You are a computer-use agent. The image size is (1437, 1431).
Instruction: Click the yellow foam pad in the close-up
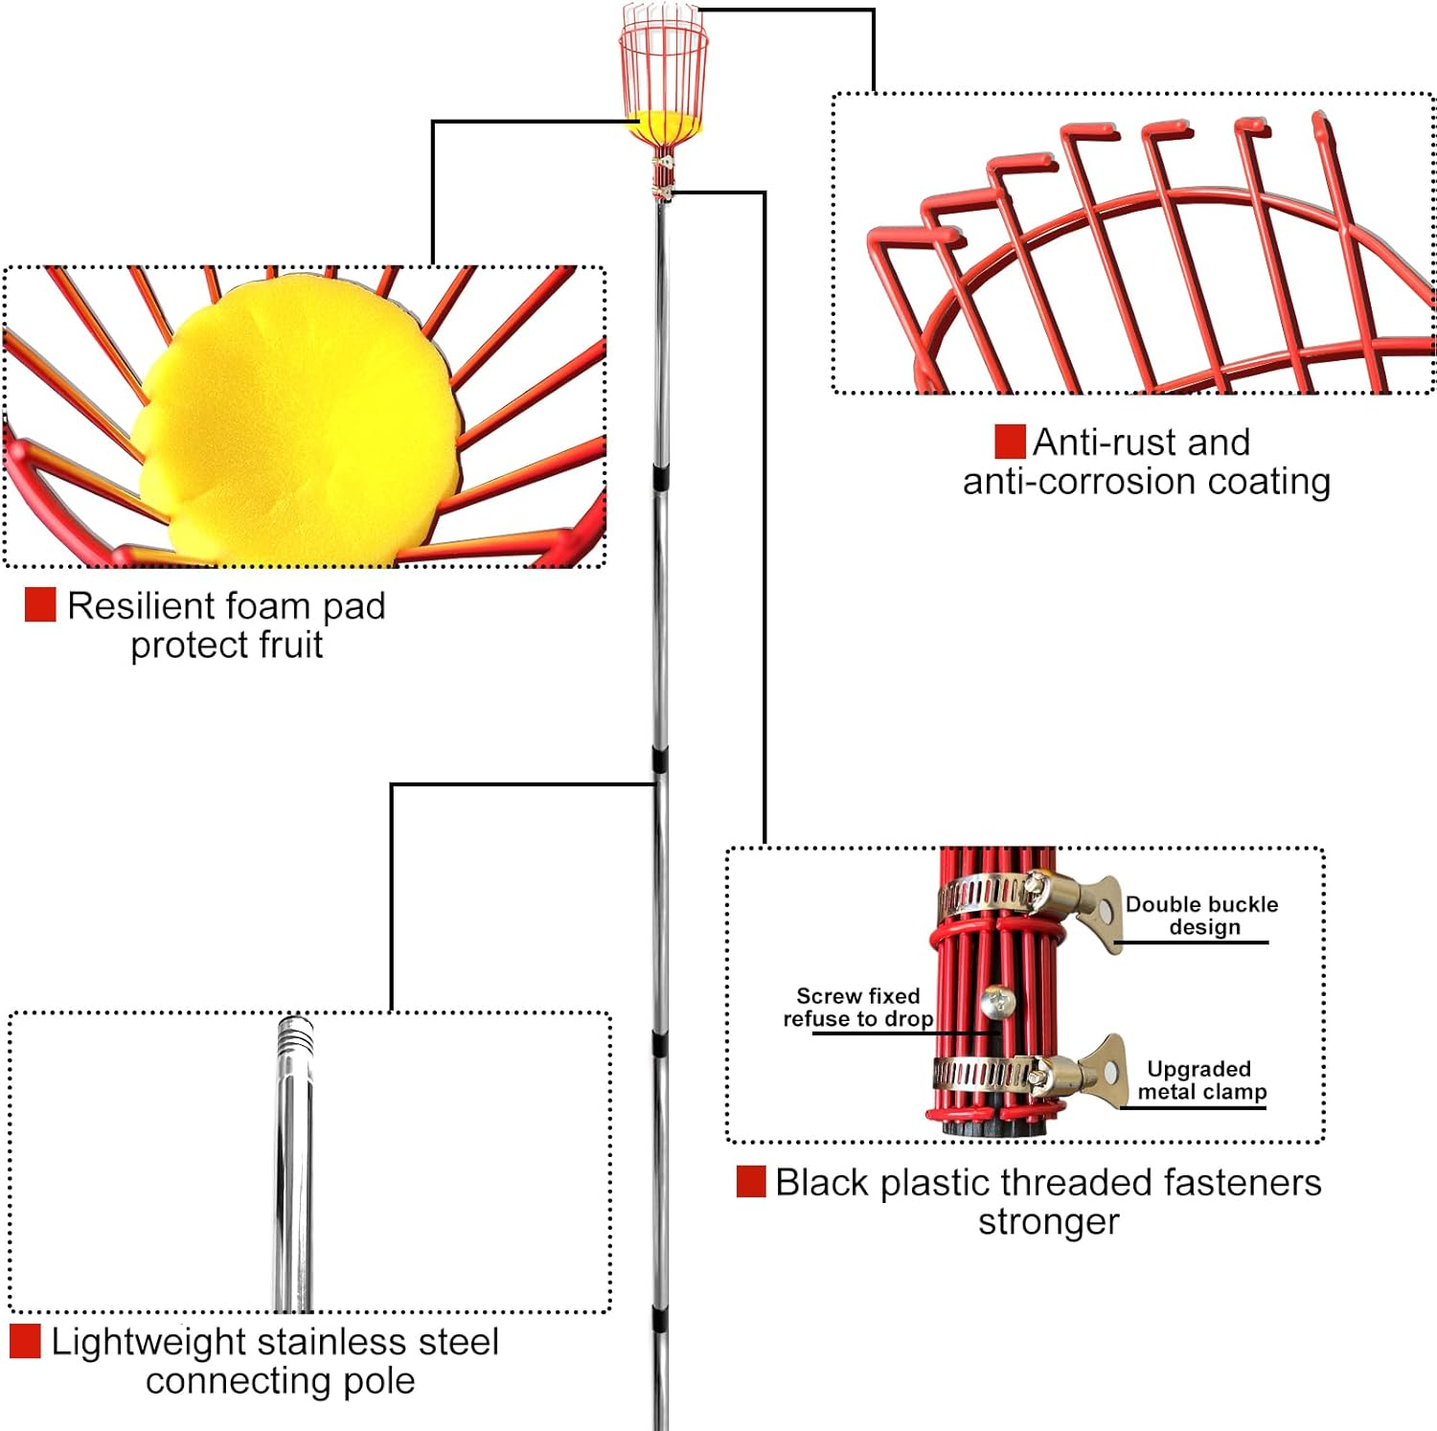pyautogui.click(x=297, y=421)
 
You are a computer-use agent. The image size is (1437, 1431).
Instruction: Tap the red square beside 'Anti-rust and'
pyautogui.click(x=1010, y=443)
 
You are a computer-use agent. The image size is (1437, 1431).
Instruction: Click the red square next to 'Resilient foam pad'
pyautogui.click(x=40, y=605)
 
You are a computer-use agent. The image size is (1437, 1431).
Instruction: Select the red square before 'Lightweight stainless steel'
pyautogui.click(x=25, y=1341)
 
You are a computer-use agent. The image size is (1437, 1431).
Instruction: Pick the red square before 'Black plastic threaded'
pyautogui.click(x=751, y=1182)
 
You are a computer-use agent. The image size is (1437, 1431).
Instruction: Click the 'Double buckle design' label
pyautogui.click(x=1201, y=916)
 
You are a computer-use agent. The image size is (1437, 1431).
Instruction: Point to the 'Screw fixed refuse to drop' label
pyautogui.click(x=858, y=1008)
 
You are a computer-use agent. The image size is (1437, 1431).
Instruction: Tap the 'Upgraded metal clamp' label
pyautogui.click(x=1201, y=1080)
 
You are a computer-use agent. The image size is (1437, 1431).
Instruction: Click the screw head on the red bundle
pyautogui.click(x=997, y=1003)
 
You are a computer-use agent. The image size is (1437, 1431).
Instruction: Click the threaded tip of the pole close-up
pyautogui.click(x=295, y=1034)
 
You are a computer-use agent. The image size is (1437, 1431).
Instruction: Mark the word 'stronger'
pyautogui.click(x=1048, y=1223)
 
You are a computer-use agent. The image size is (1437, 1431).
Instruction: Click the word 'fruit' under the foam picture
pyautogui.click(x=285, y=646)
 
